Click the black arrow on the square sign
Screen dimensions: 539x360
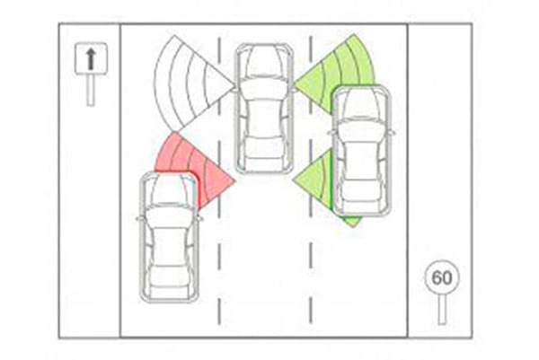click(x=91, y=58)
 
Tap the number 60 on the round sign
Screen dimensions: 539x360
click(x=442, y=277)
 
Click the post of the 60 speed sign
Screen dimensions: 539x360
click(x=442, y=311)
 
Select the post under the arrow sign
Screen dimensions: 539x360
click(x=91, y=90)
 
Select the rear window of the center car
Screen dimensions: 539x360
click(x=264, y=145)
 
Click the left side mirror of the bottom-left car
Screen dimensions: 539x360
click(x=139, y=218)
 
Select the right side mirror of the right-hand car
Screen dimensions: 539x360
click(x=392, y=133)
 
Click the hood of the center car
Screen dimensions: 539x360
click(x=264, y=61)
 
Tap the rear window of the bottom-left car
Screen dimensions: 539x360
click(x=169, y=274)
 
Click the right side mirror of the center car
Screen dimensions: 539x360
click(x=294, y=90)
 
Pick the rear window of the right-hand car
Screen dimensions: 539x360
click(x=362, y=188)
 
